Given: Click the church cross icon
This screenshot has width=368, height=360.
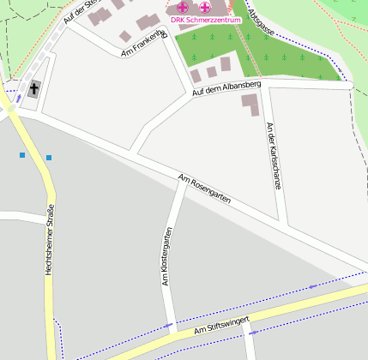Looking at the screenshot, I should (34, 88).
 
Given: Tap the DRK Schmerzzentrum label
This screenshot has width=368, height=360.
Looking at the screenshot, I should (206, 19).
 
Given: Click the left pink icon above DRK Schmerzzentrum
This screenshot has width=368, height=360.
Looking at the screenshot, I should (183, 7).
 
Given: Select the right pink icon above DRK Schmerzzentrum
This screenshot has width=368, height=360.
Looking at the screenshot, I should (205, 7).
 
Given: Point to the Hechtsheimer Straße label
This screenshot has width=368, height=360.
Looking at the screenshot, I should (51, 240).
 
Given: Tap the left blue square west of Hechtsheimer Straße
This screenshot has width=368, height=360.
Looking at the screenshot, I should (22, 154).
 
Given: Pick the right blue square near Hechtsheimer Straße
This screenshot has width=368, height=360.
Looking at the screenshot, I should (49, 158).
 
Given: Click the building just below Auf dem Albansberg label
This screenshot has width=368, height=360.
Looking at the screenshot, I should (250, 105).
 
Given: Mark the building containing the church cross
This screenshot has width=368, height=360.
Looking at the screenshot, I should (34, 89).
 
